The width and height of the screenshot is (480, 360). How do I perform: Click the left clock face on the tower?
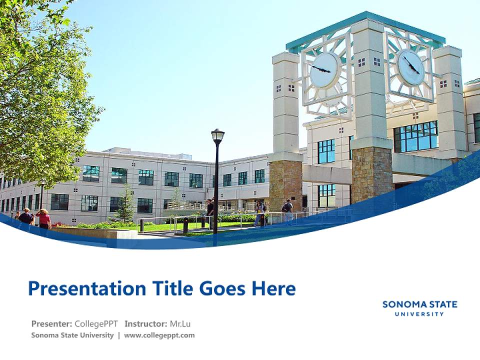click(323, 69)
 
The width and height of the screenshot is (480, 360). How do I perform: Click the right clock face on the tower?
click(411, 67)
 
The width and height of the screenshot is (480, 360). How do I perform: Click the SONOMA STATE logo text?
click(419, 304)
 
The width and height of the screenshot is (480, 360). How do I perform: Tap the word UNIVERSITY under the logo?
click(419, 314)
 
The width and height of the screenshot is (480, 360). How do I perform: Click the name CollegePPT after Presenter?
click(96, 323)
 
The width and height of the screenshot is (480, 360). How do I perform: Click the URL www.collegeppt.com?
click(159, 335)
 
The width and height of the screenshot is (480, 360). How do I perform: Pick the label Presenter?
click(52, 323)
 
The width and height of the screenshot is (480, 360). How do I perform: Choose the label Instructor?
click(145, 323)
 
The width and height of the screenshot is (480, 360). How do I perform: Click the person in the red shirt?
click(44, 218)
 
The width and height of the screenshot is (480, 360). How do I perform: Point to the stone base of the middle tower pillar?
click(371, 172)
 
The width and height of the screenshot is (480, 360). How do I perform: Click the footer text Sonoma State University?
click(72, 335)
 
